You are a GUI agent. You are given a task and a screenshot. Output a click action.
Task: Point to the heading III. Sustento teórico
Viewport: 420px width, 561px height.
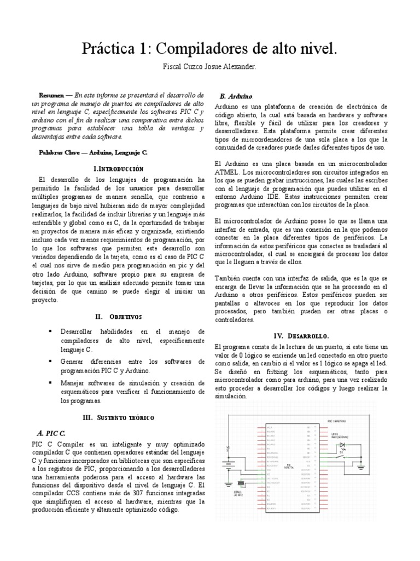(x=118, y=417)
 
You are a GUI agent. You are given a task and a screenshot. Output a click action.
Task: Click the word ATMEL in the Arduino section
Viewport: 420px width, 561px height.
(x=226, y=172)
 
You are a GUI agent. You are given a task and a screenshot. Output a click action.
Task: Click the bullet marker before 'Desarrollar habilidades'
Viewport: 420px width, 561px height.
(x=50, y=331)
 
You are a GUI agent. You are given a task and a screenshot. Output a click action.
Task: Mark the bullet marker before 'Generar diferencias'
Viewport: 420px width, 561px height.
(x=50, y=362)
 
